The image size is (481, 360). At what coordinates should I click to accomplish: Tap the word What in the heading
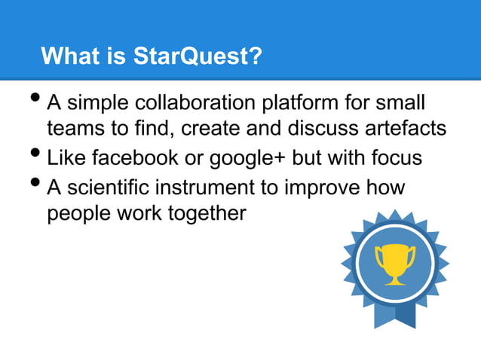(69, 56)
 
